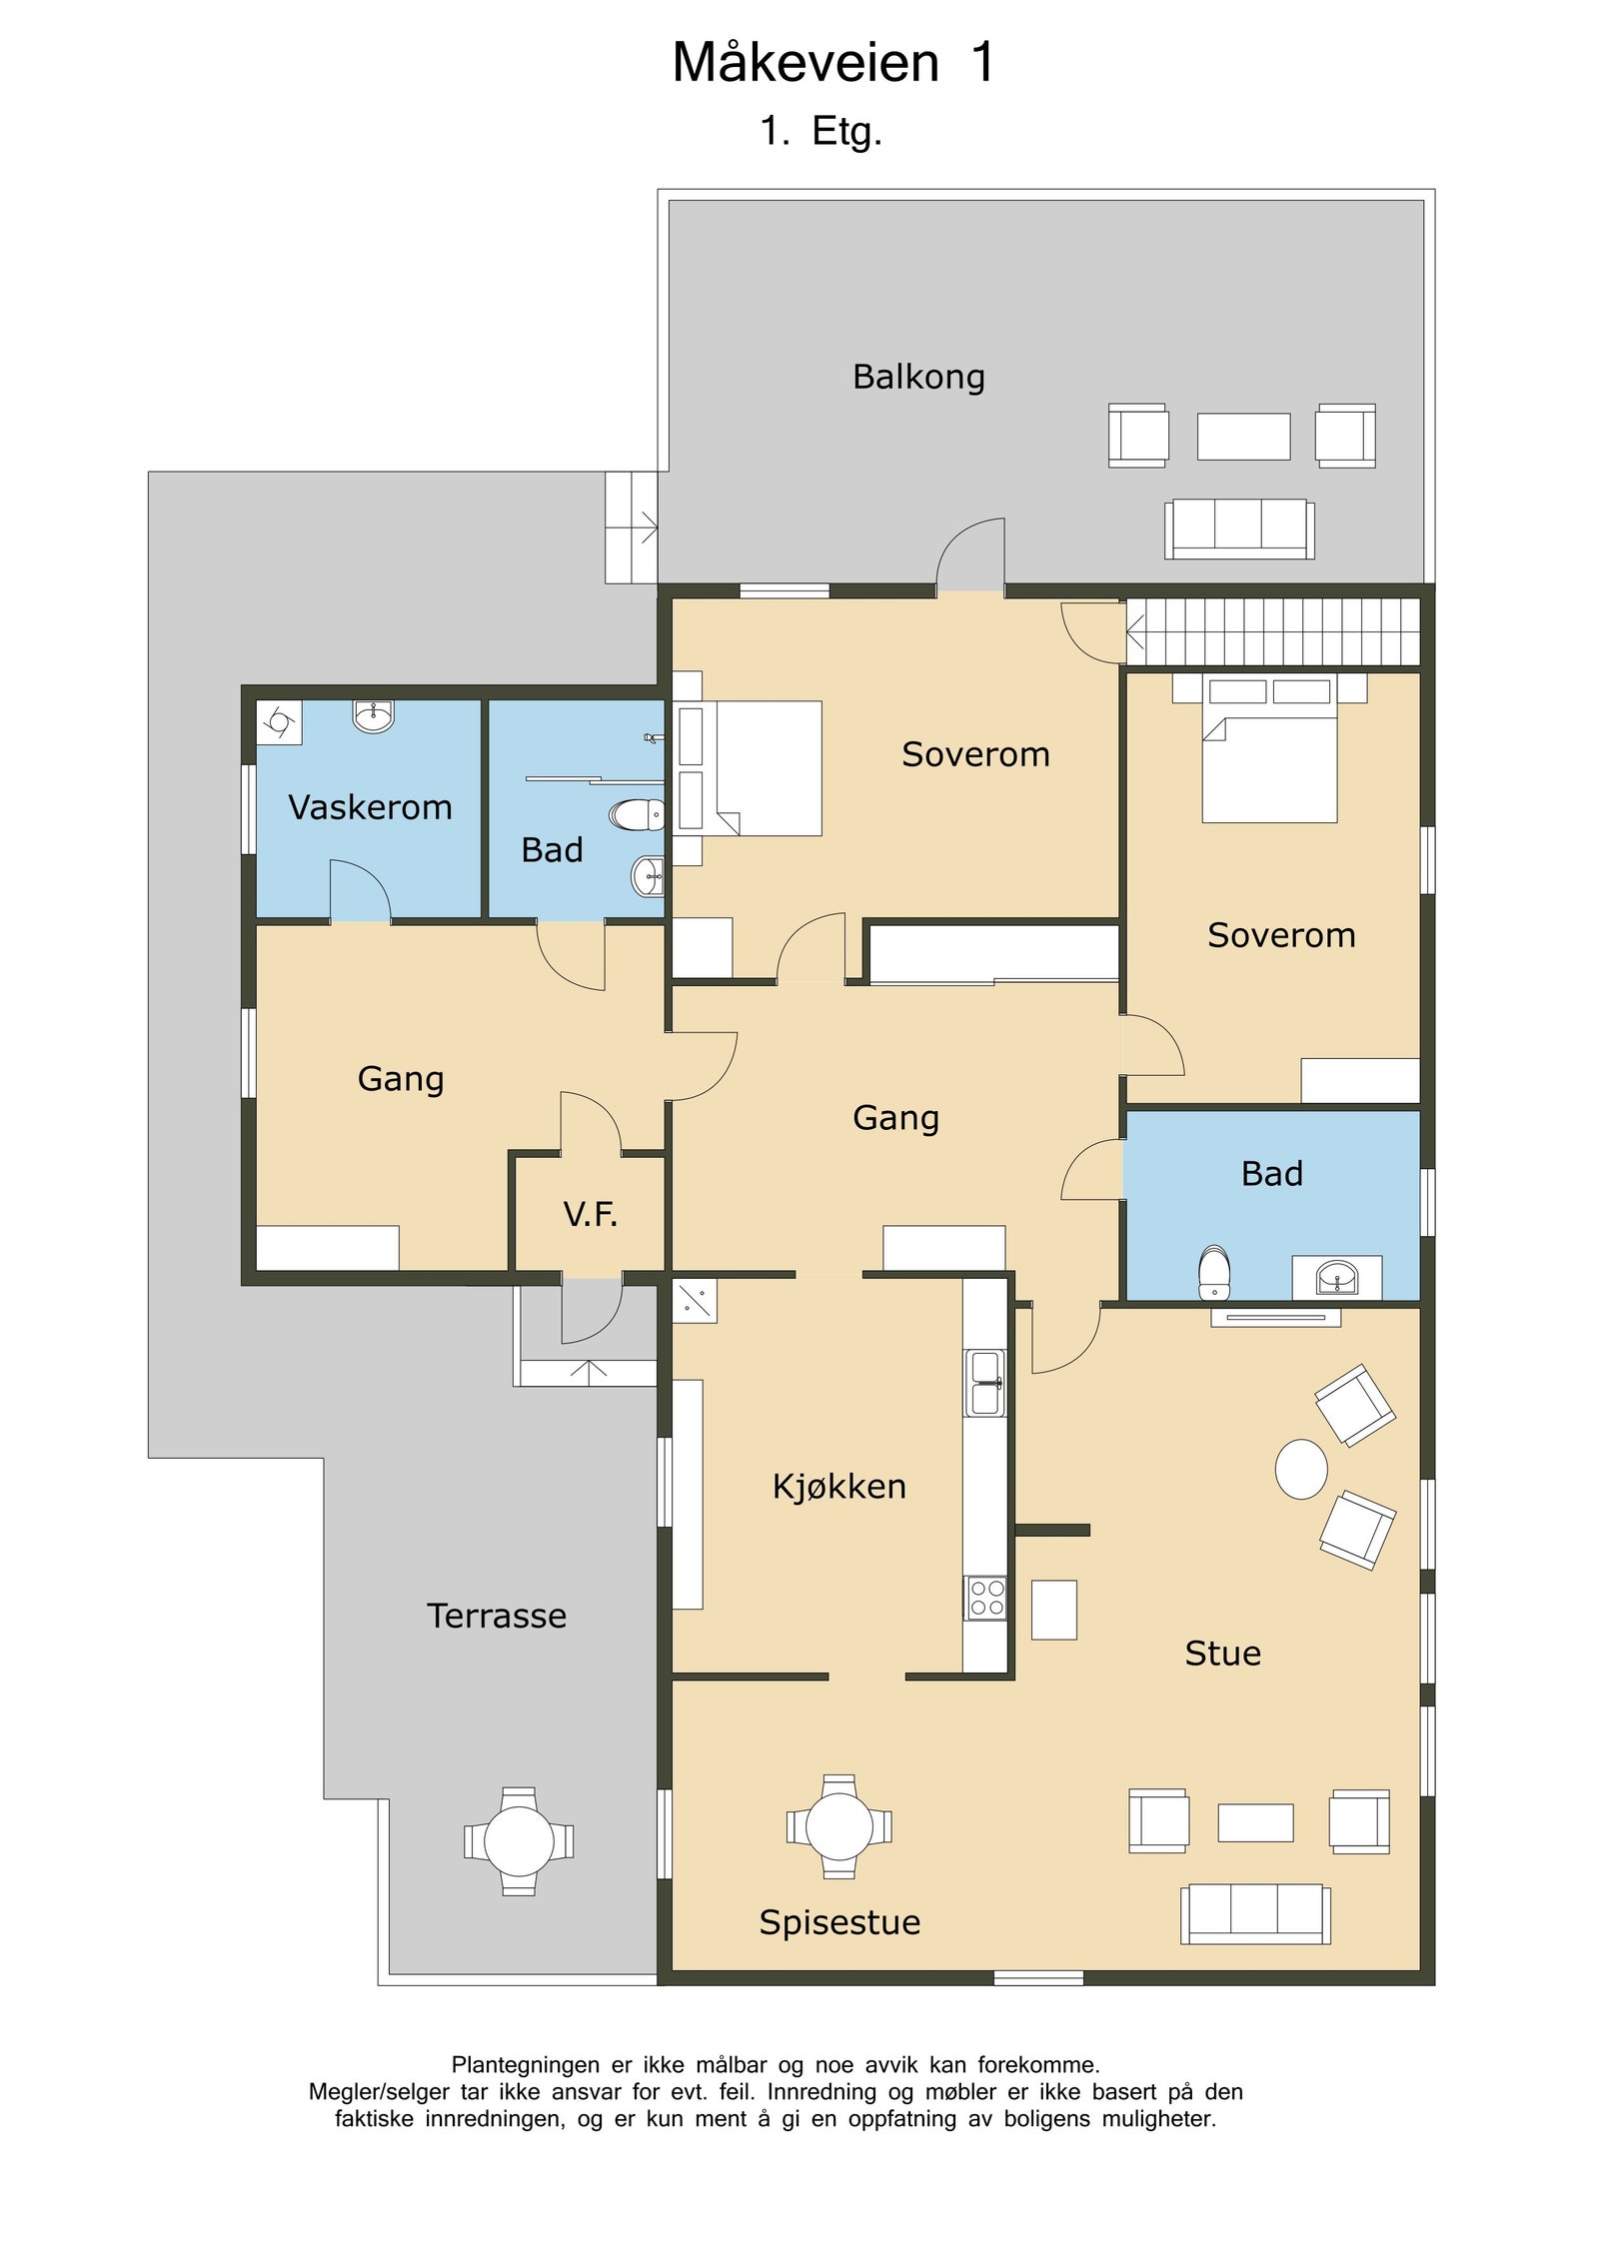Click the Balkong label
point(918,378)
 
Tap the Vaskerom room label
point(370,807)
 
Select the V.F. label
point(590,1214)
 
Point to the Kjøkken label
point(839,1487)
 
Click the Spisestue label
point(839,1921)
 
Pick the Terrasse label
point(497,1616)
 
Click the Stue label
point(1222,1654)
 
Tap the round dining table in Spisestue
point(838,1826)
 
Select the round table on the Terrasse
point(518,1841)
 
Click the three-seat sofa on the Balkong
point(1239,529)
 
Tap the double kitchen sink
point(985,1383)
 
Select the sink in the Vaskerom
point(374,715)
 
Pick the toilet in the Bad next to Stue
point(1214,1272)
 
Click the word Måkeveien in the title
point(805,62)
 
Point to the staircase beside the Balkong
point(1273,631)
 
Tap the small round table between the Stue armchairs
point(1301,1470)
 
